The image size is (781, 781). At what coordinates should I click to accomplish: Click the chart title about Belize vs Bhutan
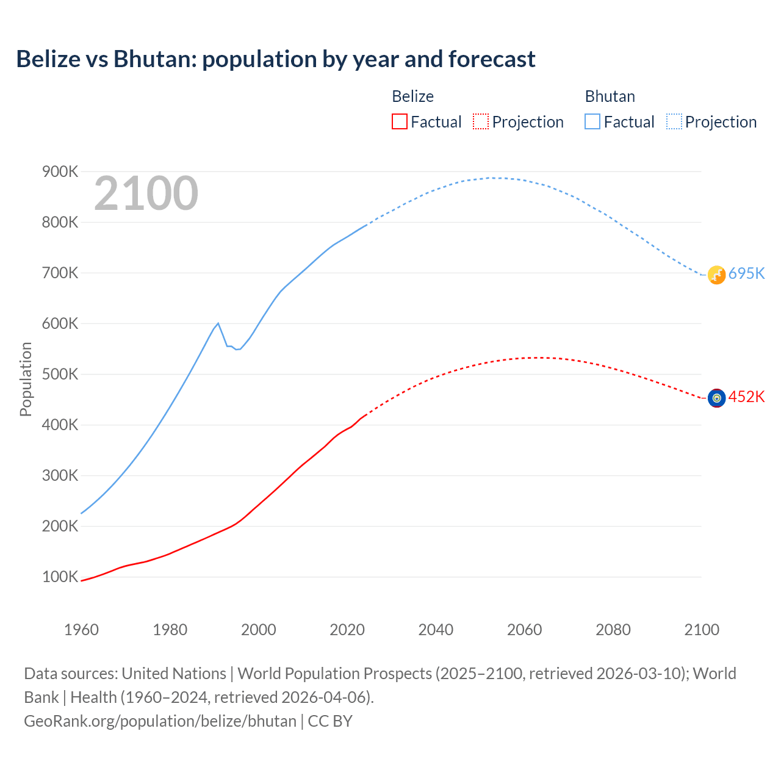[276, 59]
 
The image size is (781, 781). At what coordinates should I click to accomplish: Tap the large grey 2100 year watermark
[146, 193]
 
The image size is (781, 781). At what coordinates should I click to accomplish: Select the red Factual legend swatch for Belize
[399, 121]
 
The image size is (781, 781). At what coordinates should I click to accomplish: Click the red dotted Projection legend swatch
[481, 121]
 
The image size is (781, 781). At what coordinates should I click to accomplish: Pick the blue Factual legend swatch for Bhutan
[592, 121]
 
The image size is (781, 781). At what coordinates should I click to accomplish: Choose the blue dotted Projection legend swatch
[674, 121]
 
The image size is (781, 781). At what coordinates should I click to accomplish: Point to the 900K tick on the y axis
[60, 172]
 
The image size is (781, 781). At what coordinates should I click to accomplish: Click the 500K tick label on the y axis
[60, 374]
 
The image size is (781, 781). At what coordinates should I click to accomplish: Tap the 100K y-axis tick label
[60, 577]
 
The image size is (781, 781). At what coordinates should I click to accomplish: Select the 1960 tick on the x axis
[81, 630]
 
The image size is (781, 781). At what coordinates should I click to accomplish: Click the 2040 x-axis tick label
[436, 630]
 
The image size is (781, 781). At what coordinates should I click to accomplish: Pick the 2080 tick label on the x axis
[613, 630]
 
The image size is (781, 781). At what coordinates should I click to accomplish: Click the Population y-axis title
[26, 379]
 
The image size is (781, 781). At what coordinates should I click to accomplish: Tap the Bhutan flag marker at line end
[716, 275]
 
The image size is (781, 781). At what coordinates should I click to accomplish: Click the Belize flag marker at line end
[716, 398]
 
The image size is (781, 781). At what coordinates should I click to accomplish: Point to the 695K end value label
[746, 273]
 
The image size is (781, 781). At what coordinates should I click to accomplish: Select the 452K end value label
[746, 397]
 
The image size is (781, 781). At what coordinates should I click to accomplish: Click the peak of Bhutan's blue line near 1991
[218, 323]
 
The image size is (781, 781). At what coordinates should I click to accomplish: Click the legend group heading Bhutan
[610, 96]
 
